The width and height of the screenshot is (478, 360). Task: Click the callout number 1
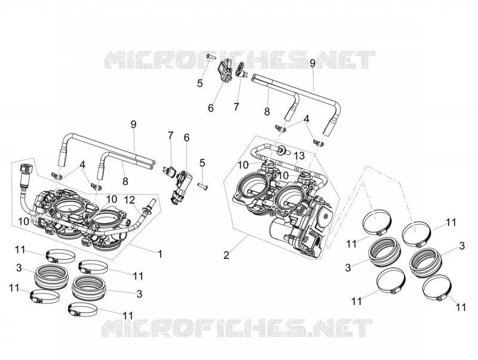160,254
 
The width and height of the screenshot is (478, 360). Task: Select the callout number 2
226,255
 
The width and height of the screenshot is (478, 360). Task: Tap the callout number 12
130,200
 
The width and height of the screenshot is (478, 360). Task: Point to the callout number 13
299,156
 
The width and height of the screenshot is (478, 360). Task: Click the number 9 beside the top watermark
312,63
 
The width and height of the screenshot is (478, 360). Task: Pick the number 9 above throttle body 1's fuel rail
133,124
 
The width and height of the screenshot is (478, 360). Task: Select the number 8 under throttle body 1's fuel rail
125,182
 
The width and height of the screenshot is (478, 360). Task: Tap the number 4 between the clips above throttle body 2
307,119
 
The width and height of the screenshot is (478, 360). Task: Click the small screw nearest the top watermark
212,56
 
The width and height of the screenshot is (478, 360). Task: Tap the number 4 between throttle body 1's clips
82,164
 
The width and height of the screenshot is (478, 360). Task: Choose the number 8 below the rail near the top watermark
267,112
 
